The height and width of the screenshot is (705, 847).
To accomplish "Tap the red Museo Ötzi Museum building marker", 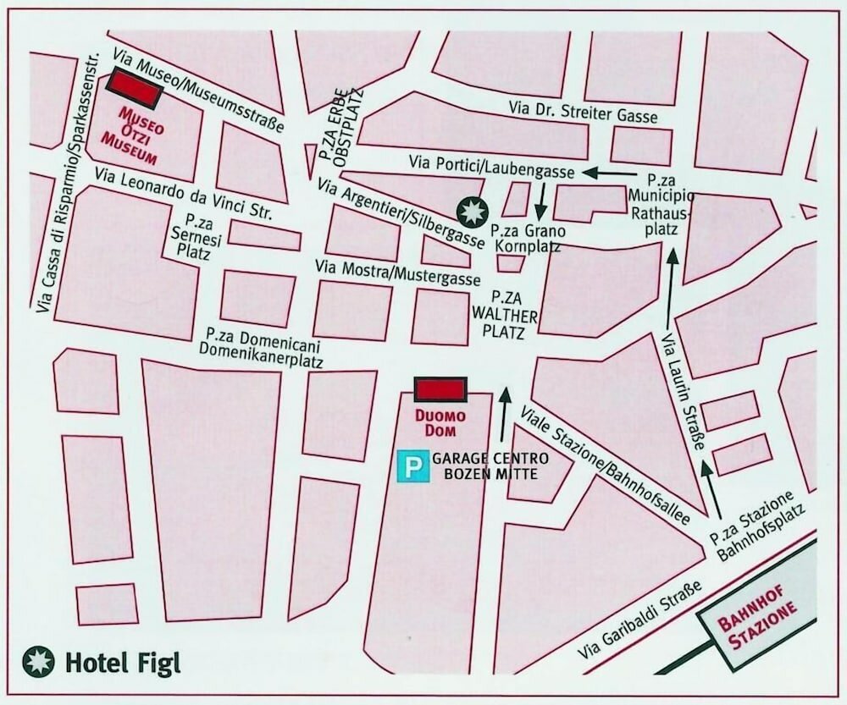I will click(x=133, y=89).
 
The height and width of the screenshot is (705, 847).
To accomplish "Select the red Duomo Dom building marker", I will click(x=440, y=389).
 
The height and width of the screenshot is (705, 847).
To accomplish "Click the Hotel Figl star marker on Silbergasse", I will click(x=473, y=211).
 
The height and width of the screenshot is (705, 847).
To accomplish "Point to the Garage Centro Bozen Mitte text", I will click(x=490, y=466).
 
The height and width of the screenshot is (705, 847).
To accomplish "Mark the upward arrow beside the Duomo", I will click(x=506, y=415).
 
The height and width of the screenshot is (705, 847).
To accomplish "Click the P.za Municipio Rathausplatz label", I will click(x=672, y=207).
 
